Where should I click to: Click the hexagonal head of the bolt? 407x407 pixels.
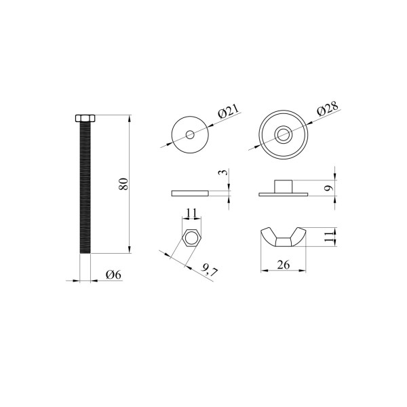[85, 118]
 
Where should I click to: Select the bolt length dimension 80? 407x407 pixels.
[123, 184]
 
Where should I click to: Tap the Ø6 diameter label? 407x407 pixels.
[114, 275]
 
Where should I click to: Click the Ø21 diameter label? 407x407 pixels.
[228, 111]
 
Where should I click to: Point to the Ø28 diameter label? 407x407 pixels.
[328, 108]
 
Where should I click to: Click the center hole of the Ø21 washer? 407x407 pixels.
[190, 134]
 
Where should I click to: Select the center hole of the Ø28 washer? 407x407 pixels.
[283, 134]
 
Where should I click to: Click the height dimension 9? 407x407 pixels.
[329, 188]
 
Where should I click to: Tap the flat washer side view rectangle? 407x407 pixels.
[190, 193]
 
